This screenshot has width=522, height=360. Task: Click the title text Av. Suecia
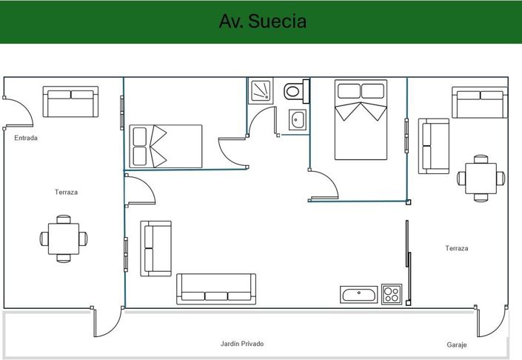coord(262,21)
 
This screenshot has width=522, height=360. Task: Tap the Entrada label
coord(26,138)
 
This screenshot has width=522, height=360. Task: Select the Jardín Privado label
coord(242,344)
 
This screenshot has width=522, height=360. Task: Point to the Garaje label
coord(457,345)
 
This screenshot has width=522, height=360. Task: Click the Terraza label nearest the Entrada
coord(66,192)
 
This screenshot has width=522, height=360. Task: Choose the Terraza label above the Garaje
coord(457,248)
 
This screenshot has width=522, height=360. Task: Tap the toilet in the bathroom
coord(295,91)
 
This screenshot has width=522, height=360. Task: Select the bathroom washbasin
coord(298,119)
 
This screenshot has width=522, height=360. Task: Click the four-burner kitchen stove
coord(391,294)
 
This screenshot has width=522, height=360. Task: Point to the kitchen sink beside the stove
coord(359,294)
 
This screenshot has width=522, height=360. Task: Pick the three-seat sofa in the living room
coord(216,290)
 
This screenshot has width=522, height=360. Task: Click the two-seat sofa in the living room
coord(156,248)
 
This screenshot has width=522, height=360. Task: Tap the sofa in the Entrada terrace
coord(70,101)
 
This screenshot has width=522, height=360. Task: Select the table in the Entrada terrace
coord(64,239)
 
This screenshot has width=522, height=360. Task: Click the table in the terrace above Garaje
coord(481,178)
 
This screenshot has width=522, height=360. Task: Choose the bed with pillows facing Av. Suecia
coord(361,120)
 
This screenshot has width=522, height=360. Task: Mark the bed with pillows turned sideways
coord(166,146)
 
